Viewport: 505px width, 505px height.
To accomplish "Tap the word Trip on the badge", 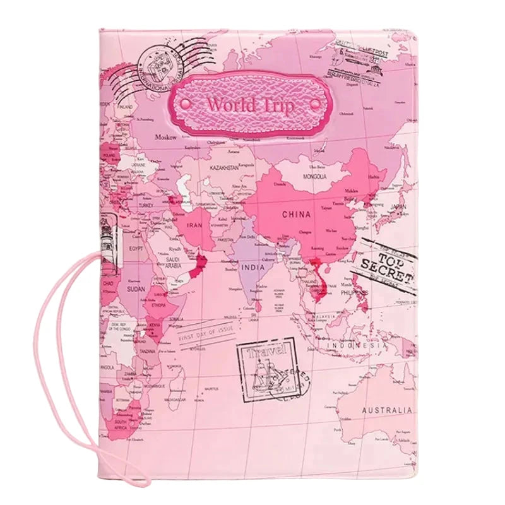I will pos(279,105).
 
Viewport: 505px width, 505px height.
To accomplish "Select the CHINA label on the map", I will pos(296,215).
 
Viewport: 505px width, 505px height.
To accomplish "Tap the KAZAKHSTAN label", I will pos(224,168).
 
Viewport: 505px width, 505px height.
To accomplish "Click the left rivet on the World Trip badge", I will pos(186,102).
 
